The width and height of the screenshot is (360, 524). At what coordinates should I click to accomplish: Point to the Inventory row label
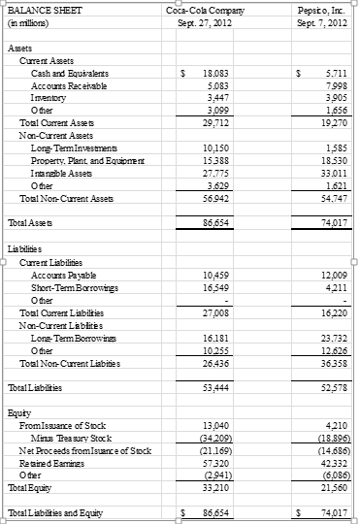click(x=49, y=98)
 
